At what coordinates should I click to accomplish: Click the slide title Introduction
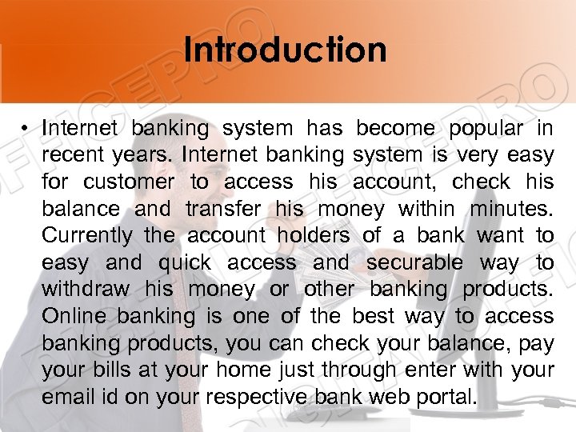[284, 49]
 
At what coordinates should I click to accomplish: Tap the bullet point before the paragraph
[26, 128]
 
